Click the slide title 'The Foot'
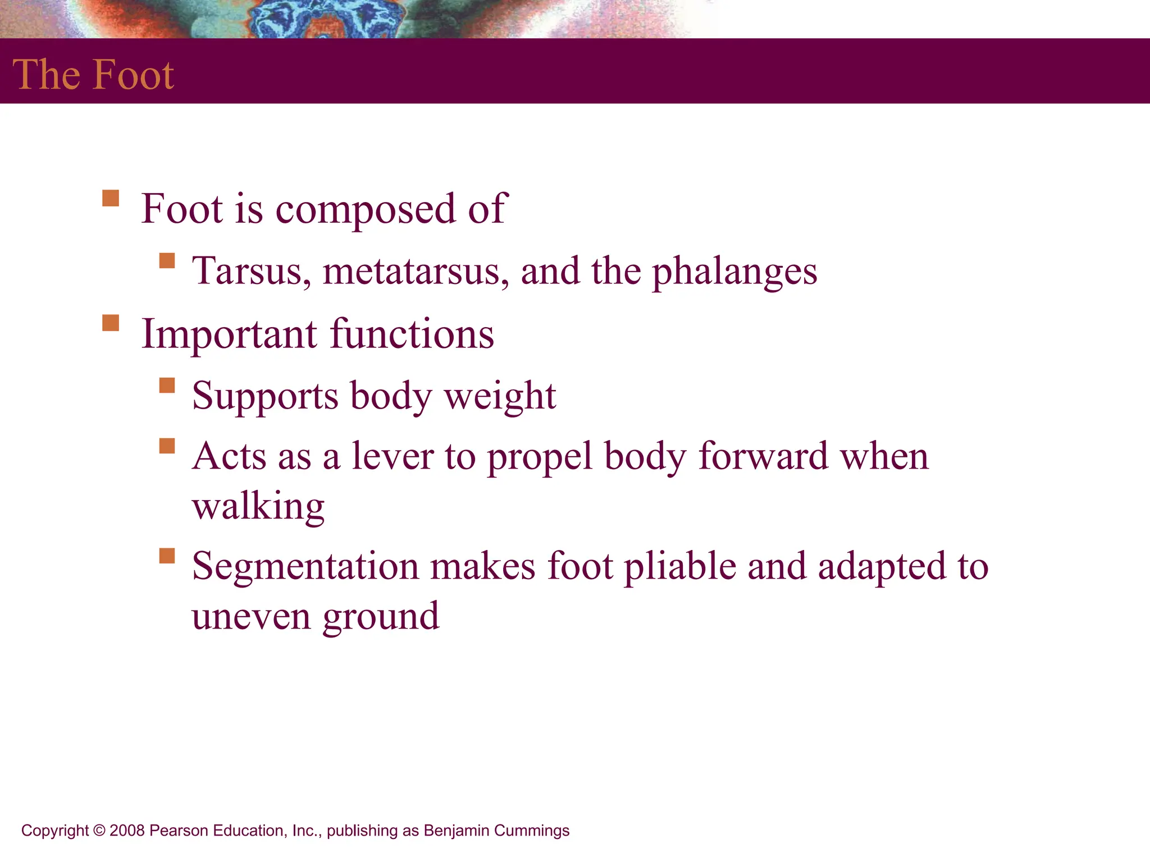[93, 74]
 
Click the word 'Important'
[229, 334]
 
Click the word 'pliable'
[680, 567]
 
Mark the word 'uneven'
[251, 616]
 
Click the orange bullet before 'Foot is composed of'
[111, 199]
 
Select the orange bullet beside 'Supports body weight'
[167, 386]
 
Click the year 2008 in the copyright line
[127, 831]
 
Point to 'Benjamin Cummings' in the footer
[496, 831]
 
